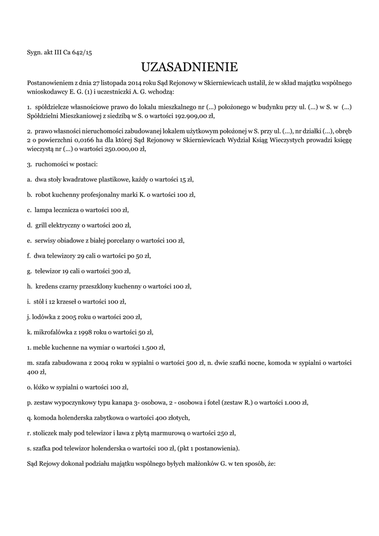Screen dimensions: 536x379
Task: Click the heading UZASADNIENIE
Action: coord(189,67)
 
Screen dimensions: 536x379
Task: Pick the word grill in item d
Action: coord(41,226)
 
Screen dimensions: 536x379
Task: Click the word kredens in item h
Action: coord(46,287)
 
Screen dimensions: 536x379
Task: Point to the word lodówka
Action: coord(43,317)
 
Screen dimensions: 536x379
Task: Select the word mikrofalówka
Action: coord(54,332)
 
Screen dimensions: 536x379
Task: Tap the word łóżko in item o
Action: coord(41,388)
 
